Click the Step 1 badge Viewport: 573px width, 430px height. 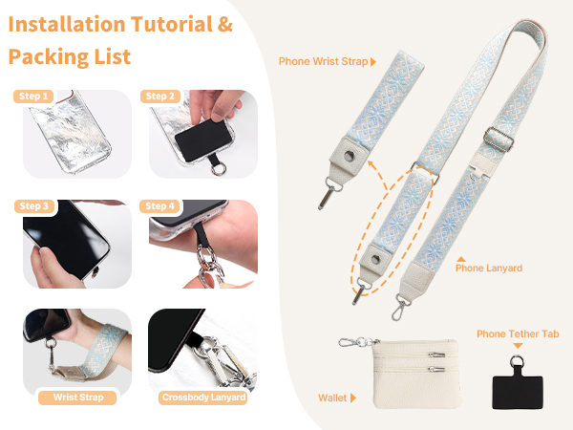[x=34, y=97]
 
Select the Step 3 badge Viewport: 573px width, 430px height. [x=34, y=206]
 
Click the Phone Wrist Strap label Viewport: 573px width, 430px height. [x=324, y=61]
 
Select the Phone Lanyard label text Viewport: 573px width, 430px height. [x=489, y=269]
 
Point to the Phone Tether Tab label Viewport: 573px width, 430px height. [x=519, y=334]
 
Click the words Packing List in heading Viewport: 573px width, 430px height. [x=70, y=56]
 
